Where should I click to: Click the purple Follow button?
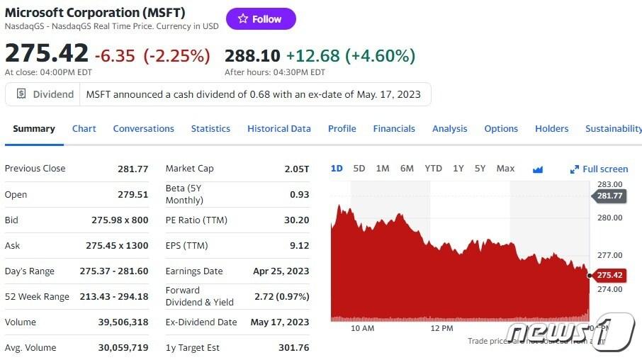coord(261,19)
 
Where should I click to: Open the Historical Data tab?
coord(278,128)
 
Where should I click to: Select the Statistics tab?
coord(210,128)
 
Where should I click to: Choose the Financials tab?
coord(394,128)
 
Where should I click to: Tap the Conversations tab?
coord(143,128)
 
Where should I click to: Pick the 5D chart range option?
coord(359,169)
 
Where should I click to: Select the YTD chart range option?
coord(433,169)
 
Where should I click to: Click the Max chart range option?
coord(505,169)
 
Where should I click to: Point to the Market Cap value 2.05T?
coord(297,169)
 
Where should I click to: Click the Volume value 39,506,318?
coord(124,322)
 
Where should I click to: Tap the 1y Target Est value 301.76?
coord(295,347)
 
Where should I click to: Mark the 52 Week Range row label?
coord(37,296)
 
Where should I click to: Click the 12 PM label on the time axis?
coord(441,328)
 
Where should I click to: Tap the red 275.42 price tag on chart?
coord(609,275)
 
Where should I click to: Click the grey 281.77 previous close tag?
coord(609,196)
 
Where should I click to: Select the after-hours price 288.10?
coord(252,55)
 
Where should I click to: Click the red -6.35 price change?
coord(115,55)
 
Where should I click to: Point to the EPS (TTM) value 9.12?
coord(299,245)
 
